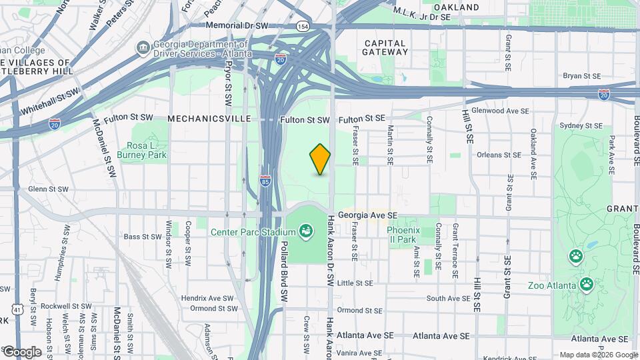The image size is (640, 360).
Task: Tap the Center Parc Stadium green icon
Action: pos(306,231)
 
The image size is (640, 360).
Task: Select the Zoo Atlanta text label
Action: pos(551,286)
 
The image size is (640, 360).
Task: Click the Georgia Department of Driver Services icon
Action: pos(142,48)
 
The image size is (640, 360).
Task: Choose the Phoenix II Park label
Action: pos(401,234)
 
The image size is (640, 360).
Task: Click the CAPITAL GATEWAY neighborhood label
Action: pos(385,48)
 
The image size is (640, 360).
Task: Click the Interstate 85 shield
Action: pos(265,180)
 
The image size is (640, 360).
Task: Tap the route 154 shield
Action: pos(303,26)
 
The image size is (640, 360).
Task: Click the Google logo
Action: pos(21,351)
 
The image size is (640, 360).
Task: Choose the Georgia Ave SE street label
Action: pos(367,215)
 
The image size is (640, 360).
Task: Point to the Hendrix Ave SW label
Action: pos(212,298)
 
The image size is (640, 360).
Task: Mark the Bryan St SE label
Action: pos(582,77)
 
